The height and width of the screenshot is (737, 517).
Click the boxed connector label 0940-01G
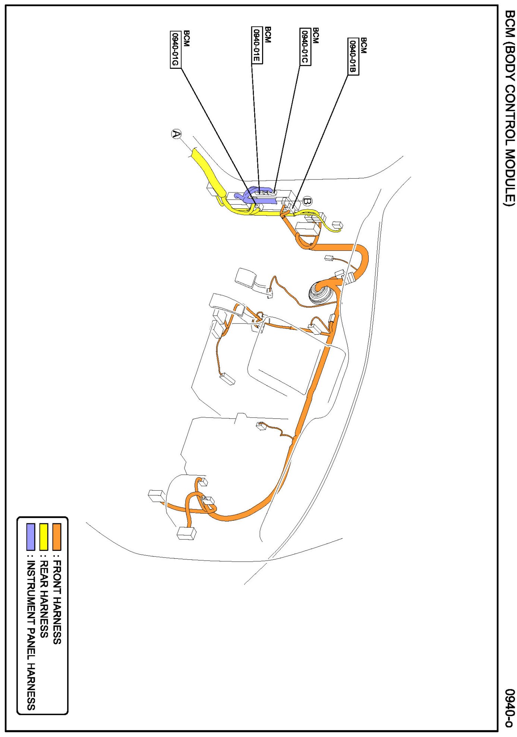(175, 49)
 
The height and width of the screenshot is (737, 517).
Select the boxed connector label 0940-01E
(257, 45)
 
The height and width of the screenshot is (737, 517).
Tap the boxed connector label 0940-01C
(305, 47)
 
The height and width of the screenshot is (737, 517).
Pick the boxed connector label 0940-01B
(353, 57)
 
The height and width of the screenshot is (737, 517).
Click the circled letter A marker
(176, 134)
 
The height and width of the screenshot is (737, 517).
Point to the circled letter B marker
(307, 201)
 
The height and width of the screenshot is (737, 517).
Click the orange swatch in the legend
(57, 537)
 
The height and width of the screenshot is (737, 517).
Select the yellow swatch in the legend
(44, 537)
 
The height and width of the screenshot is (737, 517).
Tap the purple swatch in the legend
(31, 537)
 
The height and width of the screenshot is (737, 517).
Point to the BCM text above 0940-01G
(186, 39)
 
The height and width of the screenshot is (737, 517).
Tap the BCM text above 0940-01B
(364, 45)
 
